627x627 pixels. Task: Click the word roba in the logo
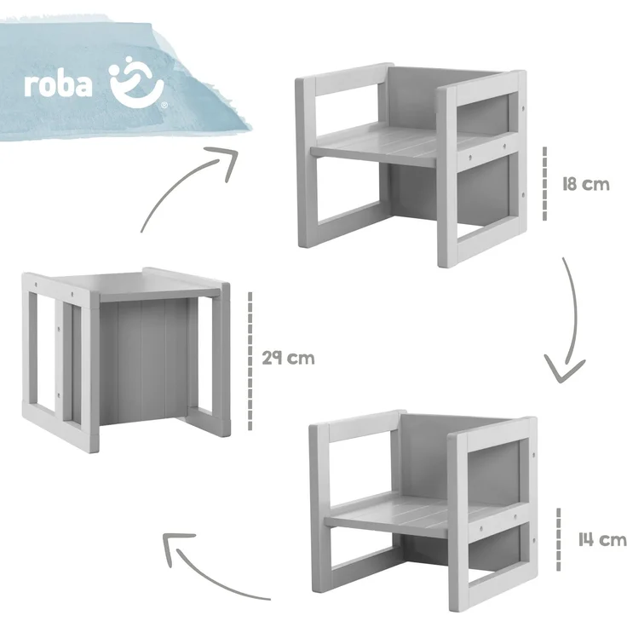pyautogui.click(x=58, y=84)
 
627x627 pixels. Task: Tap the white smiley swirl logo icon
pyautogui.click(x=136, y=82)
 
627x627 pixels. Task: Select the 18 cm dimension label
pyautogui.click(x=586, y=184)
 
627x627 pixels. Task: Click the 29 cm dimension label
pyautogui.click(x=288, y=358)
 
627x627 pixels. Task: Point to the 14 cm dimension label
pyautogui.click(x=602, y=540)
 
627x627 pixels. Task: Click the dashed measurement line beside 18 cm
pyautogui.click(x=544, y=183)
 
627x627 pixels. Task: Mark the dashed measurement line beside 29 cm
pyautogui.click(x=250, y=361)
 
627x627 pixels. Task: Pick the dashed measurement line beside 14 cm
pyautogui.click(x=559, y=540)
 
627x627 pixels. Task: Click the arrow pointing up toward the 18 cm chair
pyautogui.click(x=182, y=180)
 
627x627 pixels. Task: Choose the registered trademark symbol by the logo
pyautogui.click(x=164, y=106)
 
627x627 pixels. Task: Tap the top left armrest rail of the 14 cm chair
pyautogui.click(x=363, y=430)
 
